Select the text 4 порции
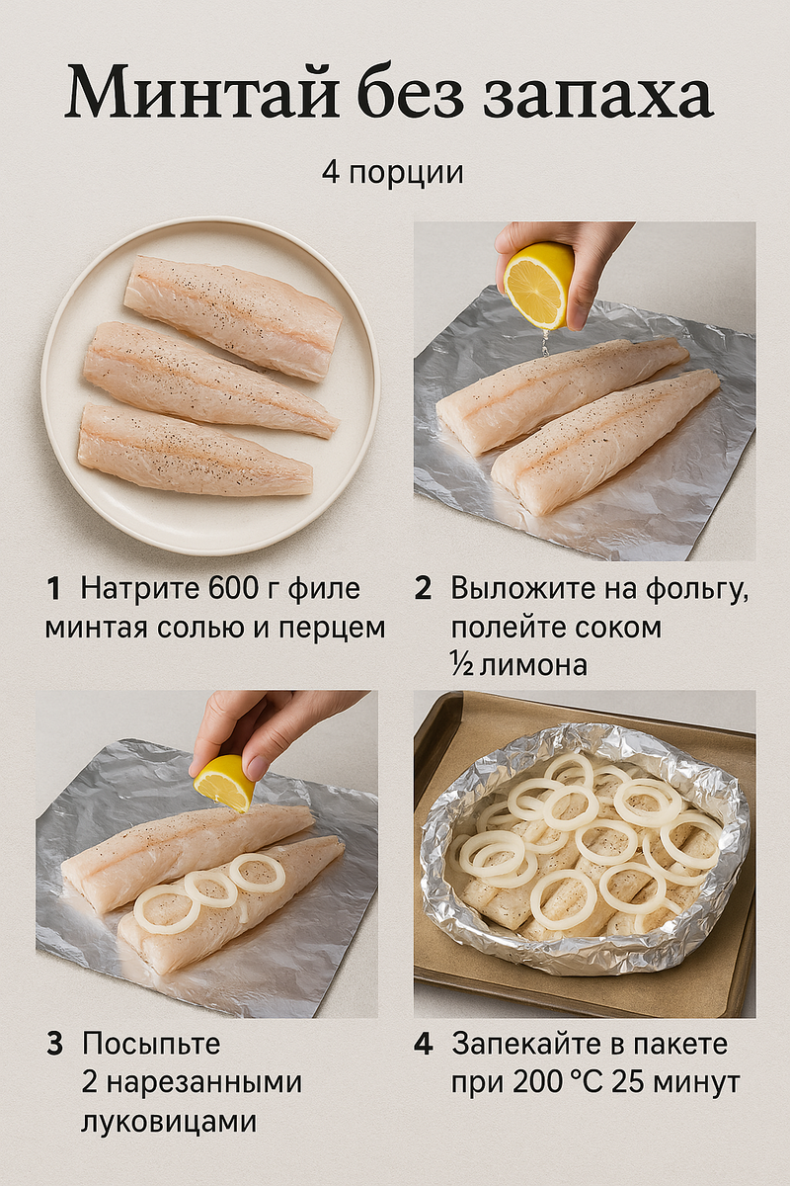(x=393, y=173)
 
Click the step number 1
(x=53, y=589)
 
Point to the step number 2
(x=423, y=589)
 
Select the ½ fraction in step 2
(x=462, y=664)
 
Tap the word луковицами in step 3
(x=169, y=1124)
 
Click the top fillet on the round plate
(x=233, y=316)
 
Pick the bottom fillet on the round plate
(x=195, y=450)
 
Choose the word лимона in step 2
(x=533, y=665)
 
